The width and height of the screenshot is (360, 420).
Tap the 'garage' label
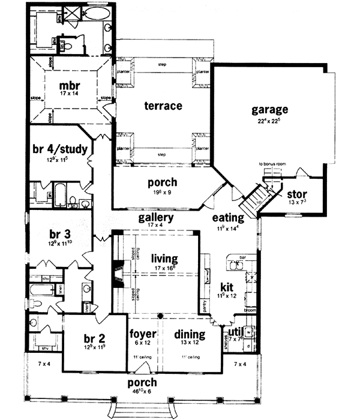[x=270, y=110]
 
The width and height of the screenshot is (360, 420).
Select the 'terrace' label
[x=163, y=106]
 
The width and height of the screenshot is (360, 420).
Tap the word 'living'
[x=165, y=259]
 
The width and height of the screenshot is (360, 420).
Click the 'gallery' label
[x=156, y=217]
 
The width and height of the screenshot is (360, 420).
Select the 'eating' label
[x=228, y=217]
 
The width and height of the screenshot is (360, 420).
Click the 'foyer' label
[x=143, y=334]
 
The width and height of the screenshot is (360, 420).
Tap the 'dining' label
[x=190, y=334]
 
